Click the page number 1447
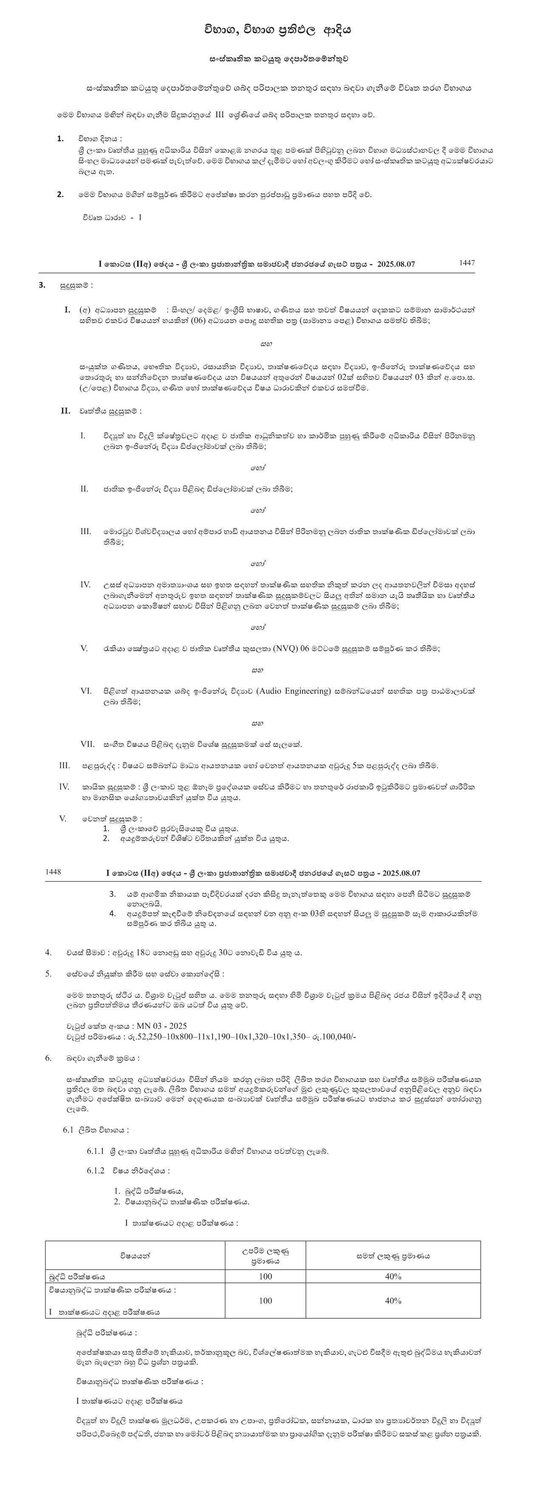click(467, 263)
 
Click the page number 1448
click(53, 872)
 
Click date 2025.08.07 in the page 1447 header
click(396, 264)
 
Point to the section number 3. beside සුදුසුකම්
click(42, 285)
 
